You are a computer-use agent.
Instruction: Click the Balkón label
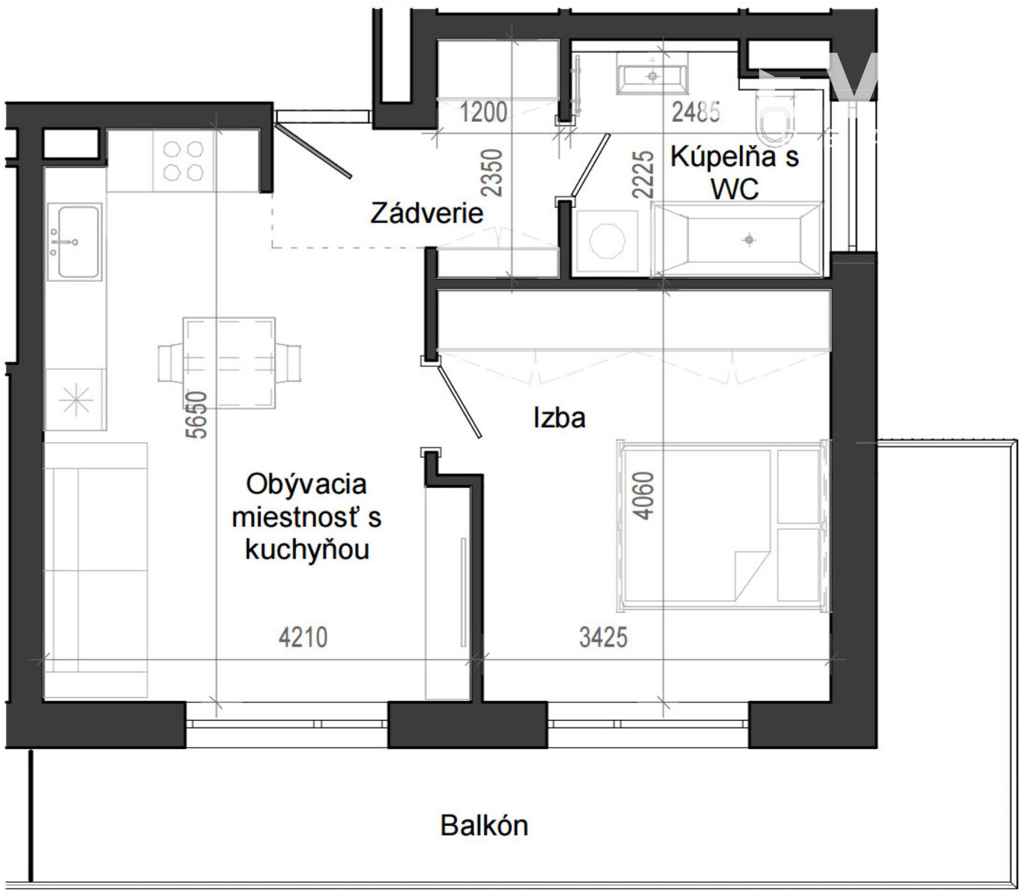point(484,826)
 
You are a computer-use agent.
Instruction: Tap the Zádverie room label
point(427,213)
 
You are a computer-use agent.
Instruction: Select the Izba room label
point(559,417)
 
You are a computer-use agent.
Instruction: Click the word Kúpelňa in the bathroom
point(715,157)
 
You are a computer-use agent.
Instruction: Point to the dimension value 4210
point(303,637)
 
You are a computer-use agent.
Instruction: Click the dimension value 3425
point(603,637)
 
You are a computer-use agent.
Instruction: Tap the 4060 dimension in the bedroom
point(643,495)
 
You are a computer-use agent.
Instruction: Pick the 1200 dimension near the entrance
point(483,112)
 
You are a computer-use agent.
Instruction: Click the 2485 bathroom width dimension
point(696,112)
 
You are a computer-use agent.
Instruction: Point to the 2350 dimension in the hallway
point(492,173)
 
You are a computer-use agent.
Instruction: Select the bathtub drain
point(749,240)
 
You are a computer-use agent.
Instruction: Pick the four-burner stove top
point(183,161)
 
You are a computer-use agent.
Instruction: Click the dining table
point(229,363)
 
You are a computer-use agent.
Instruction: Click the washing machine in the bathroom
point(607,242)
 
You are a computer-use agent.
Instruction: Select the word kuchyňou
point(307,550)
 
